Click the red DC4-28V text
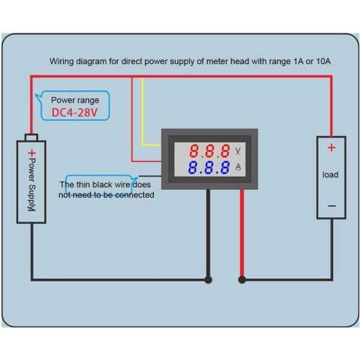pyautogui.click(x=75, y=112)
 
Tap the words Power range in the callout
pyautogui.click(x=75, y=100)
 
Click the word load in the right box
pyautogui.click(x=331, y=175)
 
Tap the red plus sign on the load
pyautogui.click(x=332, y=147)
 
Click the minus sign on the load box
pyautogui.click(x=332, y=206)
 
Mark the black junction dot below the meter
pyautogui.click(x=208, y=280)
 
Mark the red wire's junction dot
pyautogui.click(x=242, y=280)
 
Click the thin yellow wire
pyautogui.click(x=143, y=114)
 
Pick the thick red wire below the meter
pyautogui.click(x=242, y=234)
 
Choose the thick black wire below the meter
pyautogui.click(x=208, y=234)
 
